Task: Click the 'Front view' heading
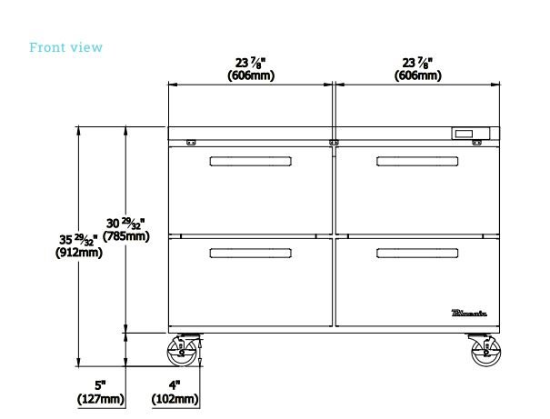66,47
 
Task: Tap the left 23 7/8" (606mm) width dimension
251,69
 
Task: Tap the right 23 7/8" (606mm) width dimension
418,69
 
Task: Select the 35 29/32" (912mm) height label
77,245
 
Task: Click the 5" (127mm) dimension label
100,392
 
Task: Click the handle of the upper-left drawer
251,162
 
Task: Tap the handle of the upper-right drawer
417,162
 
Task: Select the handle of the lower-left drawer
251,252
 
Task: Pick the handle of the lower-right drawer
417,252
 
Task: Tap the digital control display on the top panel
470,135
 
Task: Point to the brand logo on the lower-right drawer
470,314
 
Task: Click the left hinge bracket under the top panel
192,143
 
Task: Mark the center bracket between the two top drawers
334,143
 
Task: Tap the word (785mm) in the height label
125,236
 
